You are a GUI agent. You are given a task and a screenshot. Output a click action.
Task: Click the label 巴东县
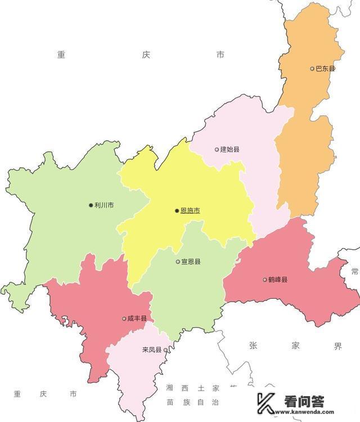(326, 69)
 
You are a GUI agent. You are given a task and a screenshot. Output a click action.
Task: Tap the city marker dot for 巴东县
(312, 69)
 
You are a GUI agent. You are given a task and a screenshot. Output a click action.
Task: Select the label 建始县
(230, 150)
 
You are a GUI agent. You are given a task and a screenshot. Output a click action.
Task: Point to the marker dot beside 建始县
(217, 150)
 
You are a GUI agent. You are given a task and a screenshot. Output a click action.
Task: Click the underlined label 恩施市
(190, 211)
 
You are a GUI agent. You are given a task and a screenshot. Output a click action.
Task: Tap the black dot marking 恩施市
(177, 211)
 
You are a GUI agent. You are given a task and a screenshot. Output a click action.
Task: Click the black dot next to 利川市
(91, 205)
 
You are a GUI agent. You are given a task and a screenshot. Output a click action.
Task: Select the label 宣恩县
(191, 262)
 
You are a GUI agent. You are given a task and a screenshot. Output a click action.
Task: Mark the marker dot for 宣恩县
(178, 262)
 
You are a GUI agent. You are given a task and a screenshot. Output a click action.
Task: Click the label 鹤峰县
(278, 280)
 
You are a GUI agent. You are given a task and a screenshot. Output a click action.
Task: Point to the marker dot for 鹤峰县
(264, 280)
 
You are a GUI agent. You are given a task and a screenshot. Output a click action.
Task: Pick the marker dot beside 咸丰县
(124, 318)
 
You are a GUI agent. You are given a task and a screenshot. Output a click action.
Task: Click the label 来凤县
(151, 350)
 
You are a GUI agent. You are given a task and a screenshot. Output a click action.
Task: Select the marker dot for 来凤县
(165, 350)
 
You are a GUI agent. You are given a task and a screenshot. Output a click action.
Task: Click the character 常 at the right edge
(354, 271)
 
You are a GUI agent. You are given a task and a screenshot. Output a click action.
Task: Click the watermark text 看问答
(304, 401)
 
